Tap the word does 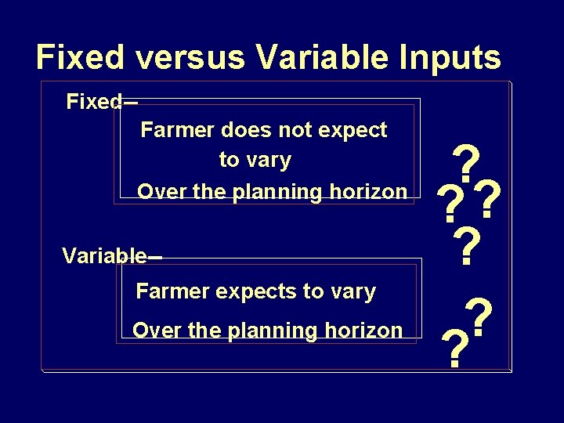point(248,130)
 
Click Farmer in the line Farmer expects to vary point(168,292)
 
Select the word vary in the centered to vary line point(269,161)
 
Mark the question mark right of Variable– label point(467,247)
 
